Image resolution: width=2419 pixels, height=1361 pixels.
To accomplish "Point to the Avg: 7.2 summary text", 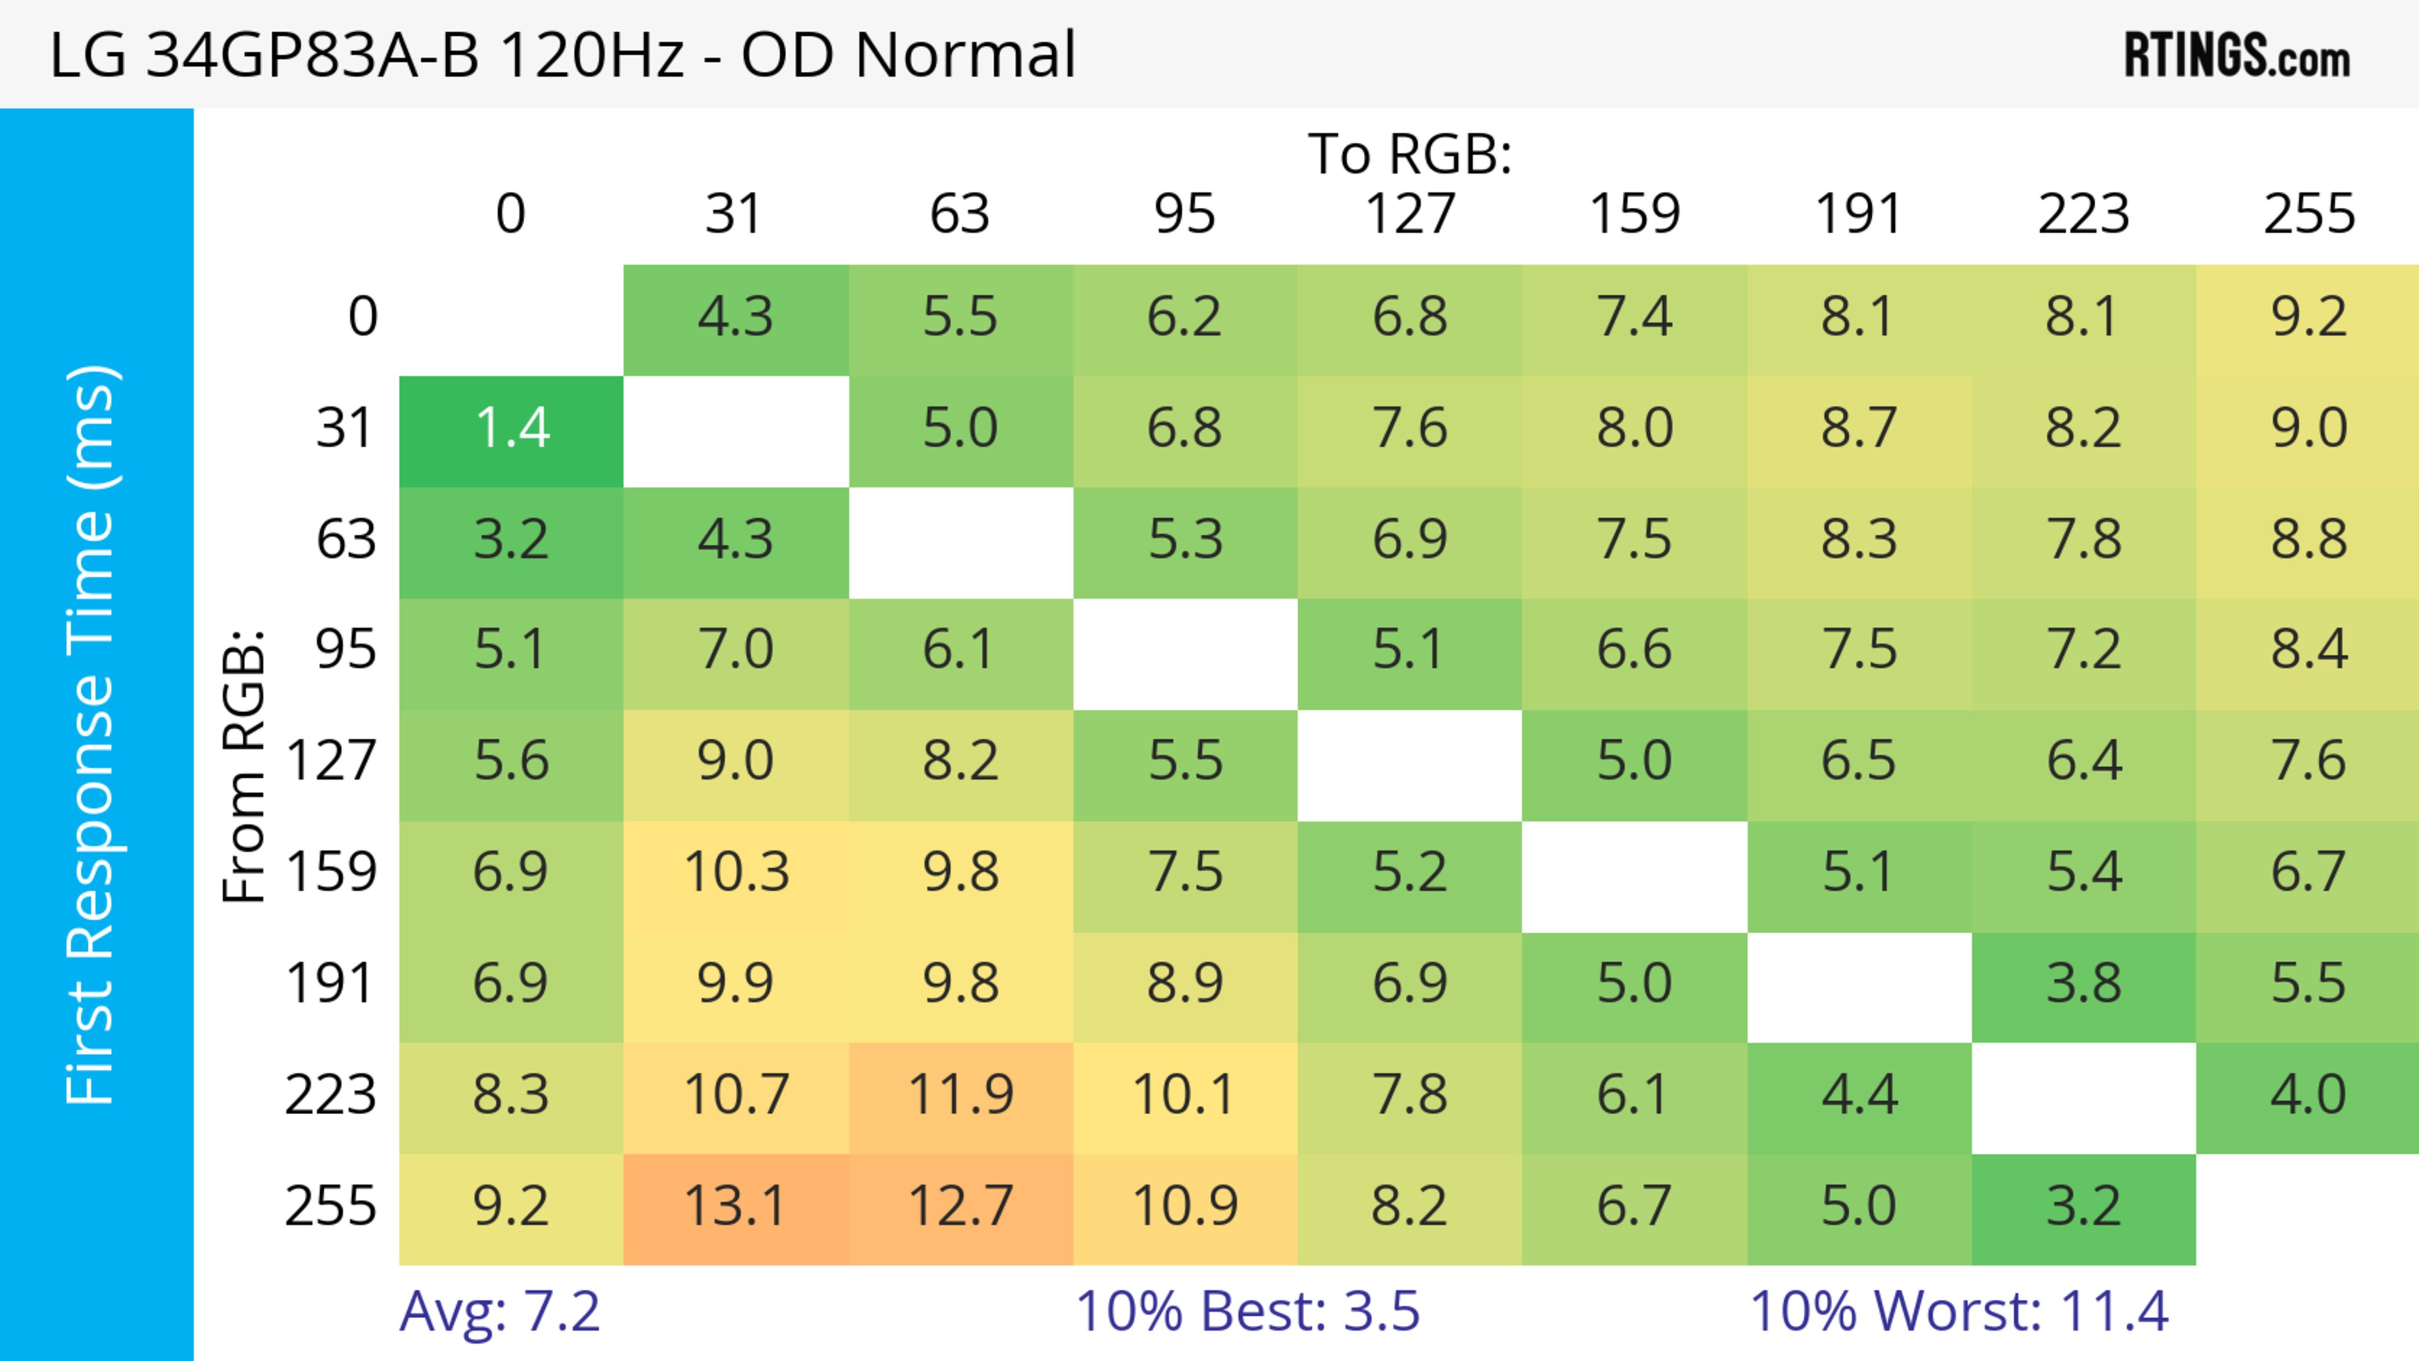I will pyautogui.click(x=499, y=1311).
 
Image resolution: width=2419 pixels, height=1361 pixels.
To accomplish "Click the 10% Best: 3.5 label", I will pyautogui.click(x=1247, y=1311).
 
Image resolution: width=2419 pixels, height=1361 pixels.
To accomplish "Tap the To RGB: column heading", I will pyautogui.click(x=1410, y=154).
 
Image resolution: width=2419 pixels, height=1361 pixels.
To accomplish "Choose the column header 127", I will pyautogui.click(x=1410, y=214).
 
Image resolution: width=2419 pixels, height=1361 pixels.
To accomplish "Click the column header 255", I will pyautogui.click(x=2308, y=214).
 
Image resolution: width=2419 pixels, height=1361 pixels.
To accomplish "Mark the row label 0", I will pyautogui.click(x=362, y=317).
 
